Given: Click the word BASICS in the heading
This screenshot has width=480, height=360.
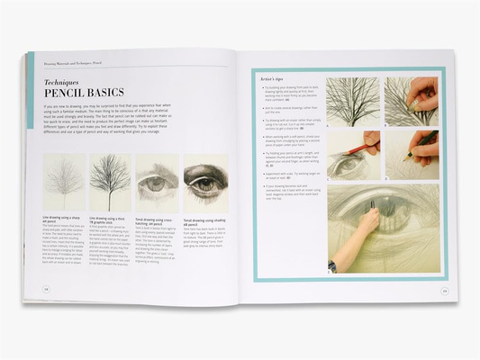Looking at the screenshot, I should click(106, 93).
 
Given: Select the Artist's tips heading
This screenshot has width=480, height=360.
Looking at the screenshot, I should click(276, 80).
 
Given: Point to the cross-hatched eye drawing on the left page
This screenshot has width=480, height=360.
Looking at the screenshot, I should click(157, 181).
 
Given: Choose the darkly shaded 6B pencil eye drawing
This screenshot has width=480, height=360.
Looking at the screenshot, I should click(204, 181).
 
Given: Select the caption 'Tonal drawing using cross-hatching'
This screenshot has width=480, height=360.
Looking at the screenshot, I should click(155, 221).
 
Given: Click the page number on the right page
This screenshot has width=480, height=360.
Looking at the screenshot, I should click(444, 290).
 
